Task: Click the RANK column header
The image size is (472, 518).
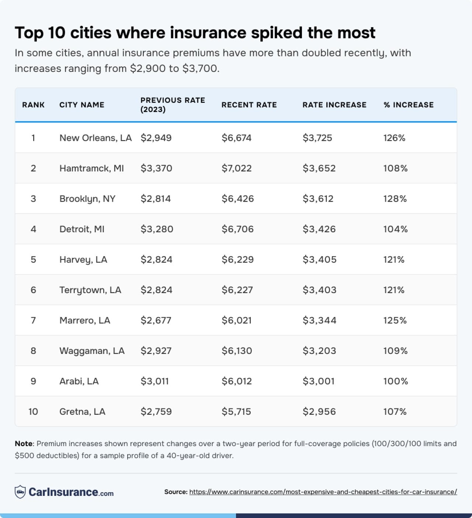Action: pyautogui.click(x=33, y=105)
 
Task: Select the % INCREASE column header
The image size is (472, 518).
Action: pyautogui.click(x=409, y=105)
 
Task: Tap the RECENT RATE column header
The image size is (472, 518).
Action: pyautogui.click(x=249, y=105)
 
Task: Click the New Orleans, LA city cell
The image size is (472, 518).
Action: pyautogui.click(x=96, y=138)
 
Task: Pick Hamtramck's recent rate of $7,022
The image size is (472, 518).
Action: pyautogui.click(x=236, y=168)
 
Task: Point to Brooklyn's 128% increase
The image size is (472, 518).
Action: pyautogui.click(x=395, y=199)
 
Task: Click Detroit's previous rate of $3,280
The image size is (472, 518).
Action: pyautogui.click(x=157, y=229)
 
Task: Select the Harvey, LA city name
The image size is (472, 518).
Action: pyautogui.click(x=83, y=260)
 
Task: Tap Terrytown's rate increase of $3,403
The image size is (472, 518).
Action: pyautogui.click(x=319, y=290)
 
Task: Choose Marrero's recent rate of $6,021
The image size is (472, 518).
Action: pyautogui.click(x=236, y=320)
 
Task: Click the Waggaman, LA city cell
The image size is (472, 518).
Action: pyautogui.click(x=92, y=351)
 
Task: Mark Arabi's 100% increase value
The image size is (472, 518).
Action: pyautogui.click(x=395, y=381)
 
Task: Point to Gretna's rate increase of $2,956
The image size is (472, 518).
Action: pyautogui.click(x=319, y=412)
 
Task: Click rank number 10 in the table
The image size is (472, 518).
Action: pyautogui.click(x=33, y=412)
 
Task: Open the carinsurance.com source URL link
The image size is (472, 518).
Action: pyautogui.click(x=323, y=492)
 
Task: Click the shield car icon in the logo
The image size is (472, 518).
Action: pyautogui.click(x=20, y=492)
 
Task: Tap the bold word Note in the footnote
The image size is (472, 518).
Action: pyautogui.click(x=24, y=444)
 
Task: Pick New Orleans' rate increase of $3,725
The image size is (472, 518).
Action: pyautogui.click(x=317, y=138)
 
